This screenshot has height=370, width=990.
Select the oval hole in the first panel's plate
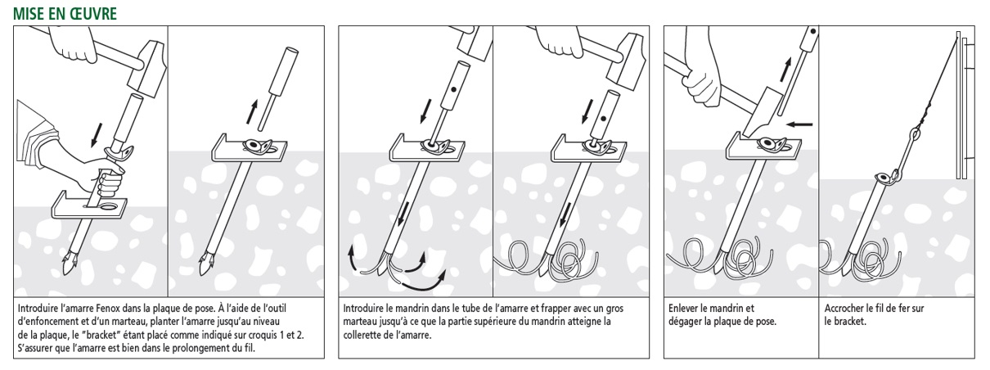108,207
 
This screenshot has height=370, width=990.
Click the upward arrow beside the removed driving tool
252,112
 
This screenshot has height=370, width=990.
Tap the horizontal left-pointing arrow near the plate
800,124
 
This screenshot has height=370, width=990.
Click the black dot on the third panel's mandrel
453,90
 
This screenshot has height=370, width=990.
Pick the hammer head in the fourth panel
624,60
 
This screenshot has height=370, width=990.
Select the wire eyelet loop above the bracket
912,133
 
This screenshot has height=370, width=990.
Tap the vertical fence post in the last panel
958,106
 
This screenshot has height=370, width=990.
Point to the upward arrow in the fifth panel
785,70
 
